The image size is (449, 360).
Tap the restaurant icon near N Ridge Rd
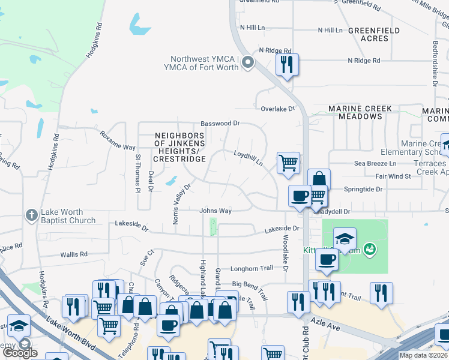[287, 64]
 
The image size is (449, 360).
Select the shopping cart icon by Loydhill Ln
[288, 162]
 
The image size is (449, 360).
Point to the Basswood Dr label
[220, 123]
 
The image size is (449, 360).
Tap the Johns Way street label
[215, 211]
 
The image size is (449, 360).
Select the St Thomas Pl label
[137, 173]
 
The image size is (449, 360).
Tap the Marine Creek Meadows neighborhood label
[360, 112]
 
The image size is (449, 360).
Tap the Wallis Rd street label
[74, 254]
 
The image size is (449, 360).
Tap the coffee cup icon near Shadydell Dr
[300, 195]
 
